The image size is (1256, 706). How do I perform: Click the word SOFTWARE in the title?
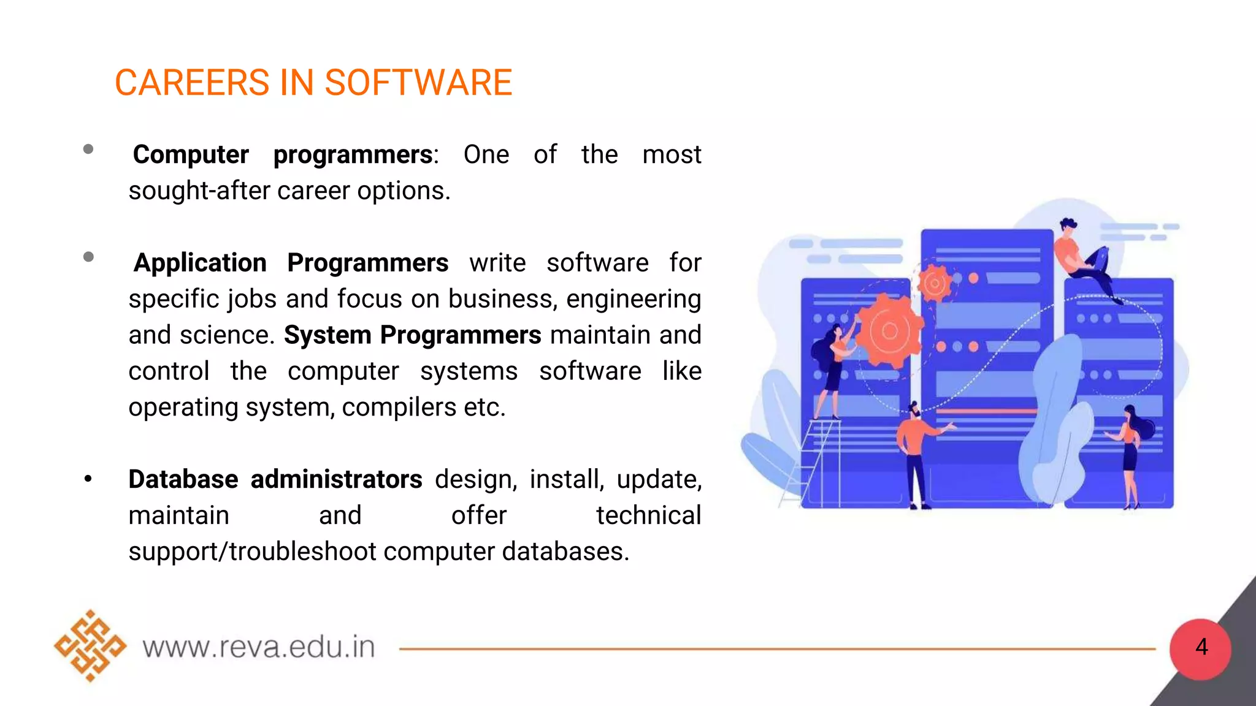(x=418, y=83)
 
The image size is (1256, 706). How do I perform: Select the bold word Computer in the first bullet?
(x=191, y=154)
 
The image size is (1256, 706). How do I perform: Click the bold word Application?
(x=200, y=263)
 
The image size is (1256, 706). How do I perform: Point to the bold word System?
(x=327, y=335)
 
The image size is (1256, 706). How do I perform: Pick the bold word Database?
(x=183, y=479)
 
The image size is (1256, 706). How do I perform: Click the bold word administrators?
(x=336, y=479)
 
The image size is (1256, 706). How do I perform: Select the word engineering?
(x=634, y=300)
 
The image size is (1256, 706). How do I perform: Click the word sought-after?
(x=199, y=191)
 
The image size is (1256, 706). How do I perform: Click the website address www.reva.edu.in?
(x=259, y=647)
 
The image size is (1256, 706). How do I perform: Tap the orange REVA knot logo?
(x=90, y=645)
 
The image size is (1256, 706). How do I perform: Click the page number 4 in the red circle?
(x=1201, y=647)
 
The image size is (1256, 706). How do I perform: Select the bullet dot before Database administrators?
(x=88, y=479)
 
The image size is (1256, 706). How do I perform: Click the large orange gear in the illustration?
(x=889, y=332)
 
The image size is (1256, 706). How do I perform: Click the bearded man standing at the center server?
(x=915, y=454)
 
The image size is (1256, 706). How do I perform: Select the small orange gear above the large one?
(x=934, y=283)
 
